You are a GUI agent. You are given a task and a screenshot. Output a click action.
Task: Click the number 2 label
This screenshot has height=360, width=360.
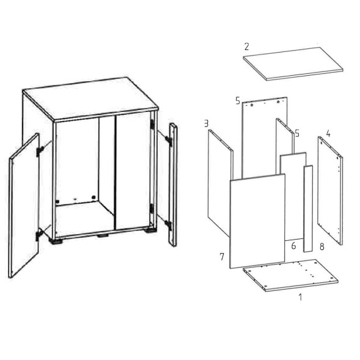point(246,46)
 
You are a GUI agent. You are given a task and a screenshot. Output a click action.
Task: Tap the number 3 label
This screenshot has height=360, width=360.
point(206,123)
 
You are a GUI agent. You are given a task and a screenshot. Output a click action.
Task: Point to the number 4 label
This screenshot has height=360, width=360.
point(328,134)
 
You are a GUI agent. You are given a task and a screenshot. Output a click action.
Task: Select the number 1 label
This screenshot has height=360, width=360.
point(300,297)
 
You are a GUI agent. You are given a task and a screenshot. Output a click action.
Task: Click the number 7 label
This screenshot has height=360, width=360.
point(221,257)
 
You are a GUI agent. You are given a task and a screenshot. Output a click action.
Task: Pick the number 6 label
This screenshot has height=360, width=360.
point(293,246)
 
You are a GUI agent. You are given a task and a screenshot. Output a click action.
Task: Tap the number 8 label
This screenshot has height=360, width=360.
point(322,247)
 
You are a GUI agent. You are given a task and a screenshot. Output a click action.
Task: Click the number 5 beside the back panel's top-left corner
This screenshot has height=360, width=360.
point(238,101)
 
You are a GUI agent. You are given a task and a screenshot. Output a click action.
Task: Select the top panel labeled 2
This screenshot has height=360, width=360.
point(293,64)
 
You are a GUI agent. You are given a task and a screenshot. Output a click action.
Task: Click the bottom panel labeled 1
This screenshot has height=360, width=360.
point(290,275)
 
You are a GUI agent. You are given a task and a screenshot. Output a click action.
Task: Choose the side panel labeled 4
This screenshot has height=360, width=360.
point(330,190)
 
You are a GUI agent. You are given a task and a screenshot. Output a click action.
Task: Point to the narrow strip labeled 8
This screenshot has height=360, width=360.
point(308,208)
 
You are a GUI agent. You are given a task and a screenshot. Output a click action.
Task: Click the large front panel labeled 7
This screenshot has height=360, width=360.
point(257,221)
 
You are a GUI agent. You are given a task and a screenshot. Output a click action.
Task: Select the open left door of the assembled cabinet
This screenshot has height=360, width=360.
point(24,205)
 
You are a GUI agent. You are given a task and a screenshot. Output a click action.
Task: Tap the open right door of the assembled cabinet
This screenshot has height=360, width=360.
point(173,185)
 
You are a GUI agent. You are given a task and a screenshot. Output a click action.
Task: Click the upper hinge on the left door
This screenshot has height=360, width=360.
point(40,150)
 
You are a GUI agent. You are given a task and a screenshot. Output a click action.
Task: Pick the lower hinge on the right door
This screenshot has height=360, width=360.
point(168,224)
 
